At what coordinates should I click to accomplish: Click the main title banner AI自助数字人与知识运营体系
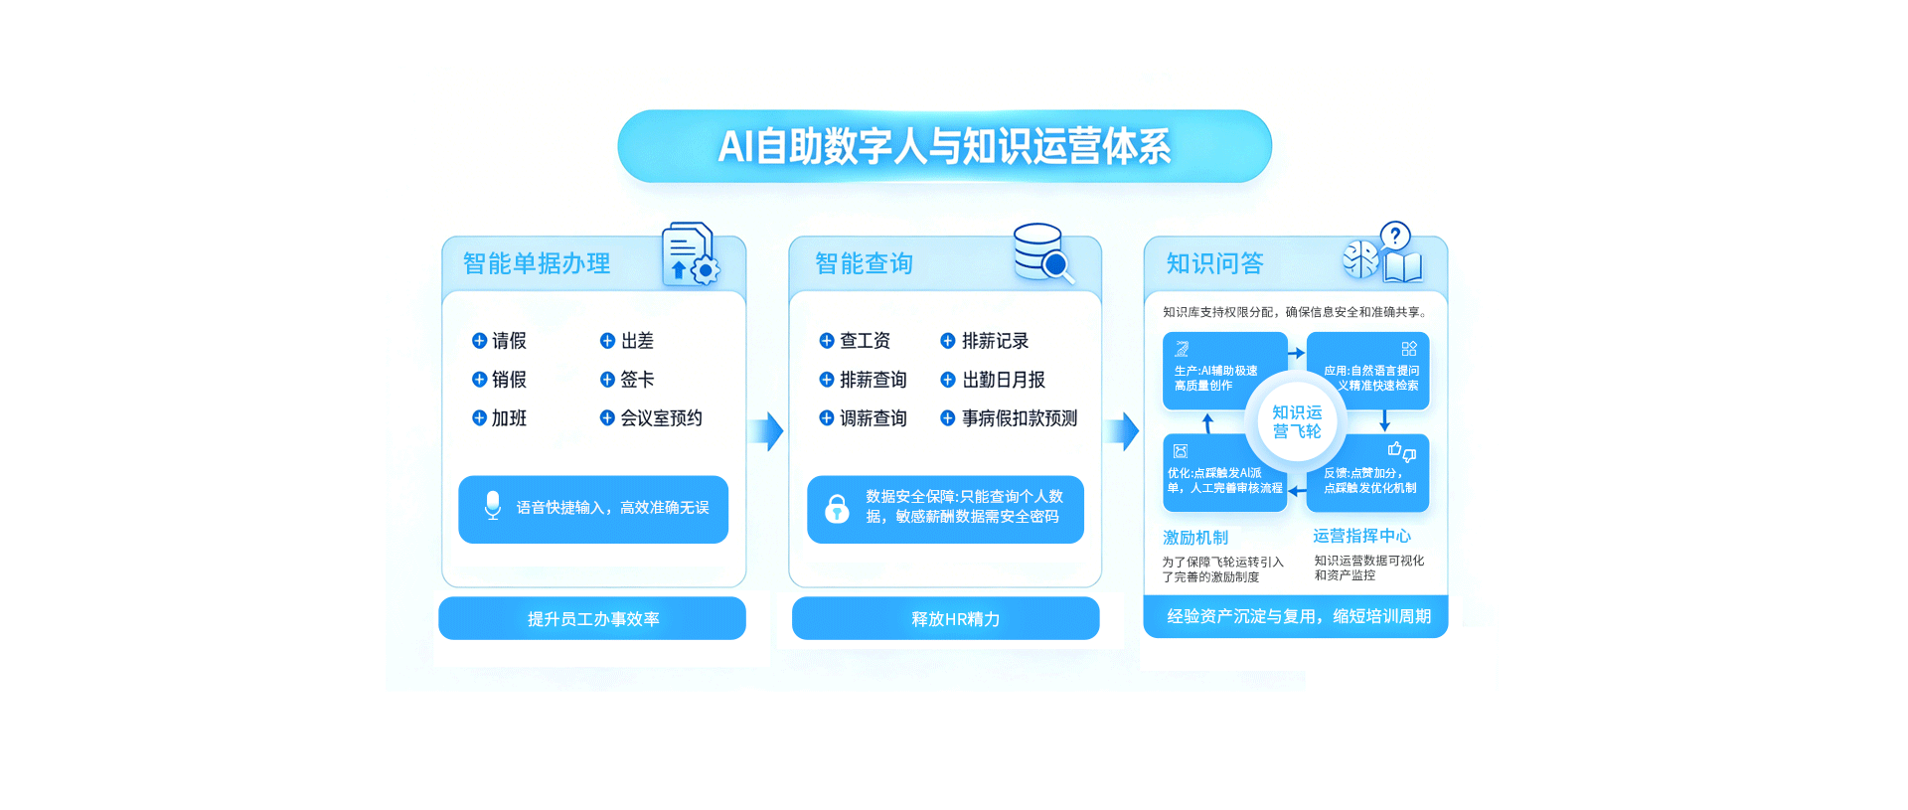click(x=944, y=146)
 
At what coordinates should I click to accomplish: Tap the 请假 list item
click(x=500, y=341)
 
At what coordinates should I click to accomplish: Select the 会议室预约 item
click(x=652, y=418)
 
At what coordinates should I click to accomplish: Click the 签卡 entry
click(x=628, y=380)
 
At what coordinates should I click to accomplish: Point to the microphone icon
click(x=492, y=506)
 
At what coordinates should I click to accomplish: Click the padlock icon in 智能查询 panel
click(x=837, y=509)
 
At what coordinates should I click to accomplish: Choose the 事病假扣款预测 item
click(x=1010, y=418)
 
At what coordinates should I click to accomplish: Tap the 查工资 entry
click(x=856, y=341)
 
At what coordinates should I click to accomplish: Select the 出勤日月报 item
click(x=994, y=380)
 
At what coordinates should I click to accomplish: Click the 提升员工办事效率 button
click(x=592, y=619)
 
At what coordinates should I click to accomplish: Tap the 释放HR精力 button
click(x=945, y=619)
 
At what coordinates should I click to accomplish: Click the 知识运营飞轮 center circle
click(x=1297, y=421)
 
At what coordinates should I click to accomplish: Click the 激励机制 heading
click(x=1195, y=538)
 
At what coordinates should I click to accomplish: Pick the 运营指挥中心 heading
click(x=1361, y=536)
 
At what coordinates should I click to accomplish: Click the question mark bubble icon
click(x=1395, y=237)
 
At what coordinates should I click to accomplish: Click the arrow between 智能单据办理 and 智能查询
click(x=767, y=431)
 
